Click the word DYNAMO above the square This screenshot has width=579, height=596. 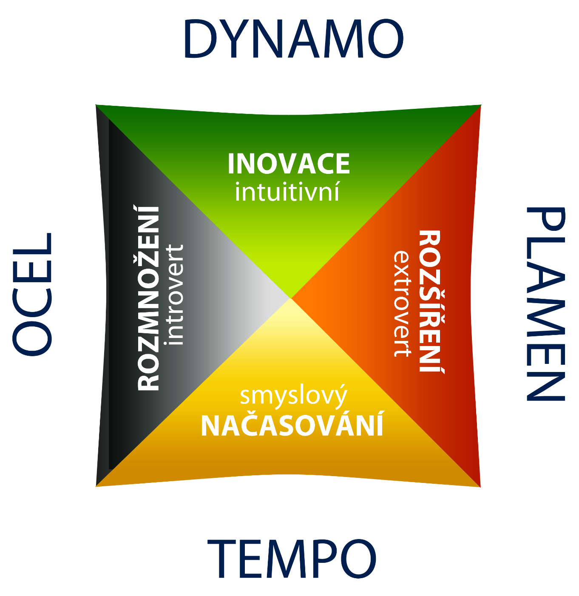click(x=293, y=39)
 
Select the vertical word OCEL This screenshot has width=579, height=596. click(x=32, y=293)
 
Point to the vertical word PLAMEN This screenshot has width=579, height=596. click(x=546, y=304)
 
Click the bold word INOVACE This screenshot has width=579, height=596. click(x=289, y=164)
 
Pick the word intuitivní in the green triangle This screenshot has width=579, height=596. click(x=287, y=192)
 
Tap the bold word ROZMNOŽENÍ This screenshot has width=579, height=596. click(x=149, y=298)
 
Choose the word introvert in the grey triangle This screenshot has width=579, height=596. click(x=176, y=294)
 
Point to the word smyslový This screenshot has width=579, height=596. click(x=293, y=396)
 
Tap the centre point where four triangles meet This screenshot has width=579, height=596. click(x=291, y=298)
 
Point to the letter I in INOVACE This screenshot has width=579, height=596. click(x=231, y=164)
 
